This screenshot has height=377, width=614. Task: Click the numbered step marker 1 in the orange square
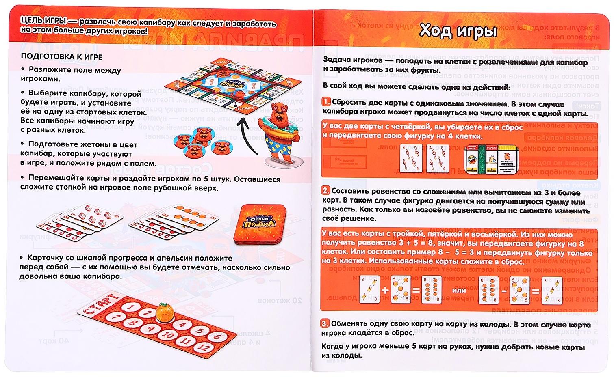326,102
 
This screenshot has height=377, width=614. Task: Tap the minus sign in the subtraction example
504,290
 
